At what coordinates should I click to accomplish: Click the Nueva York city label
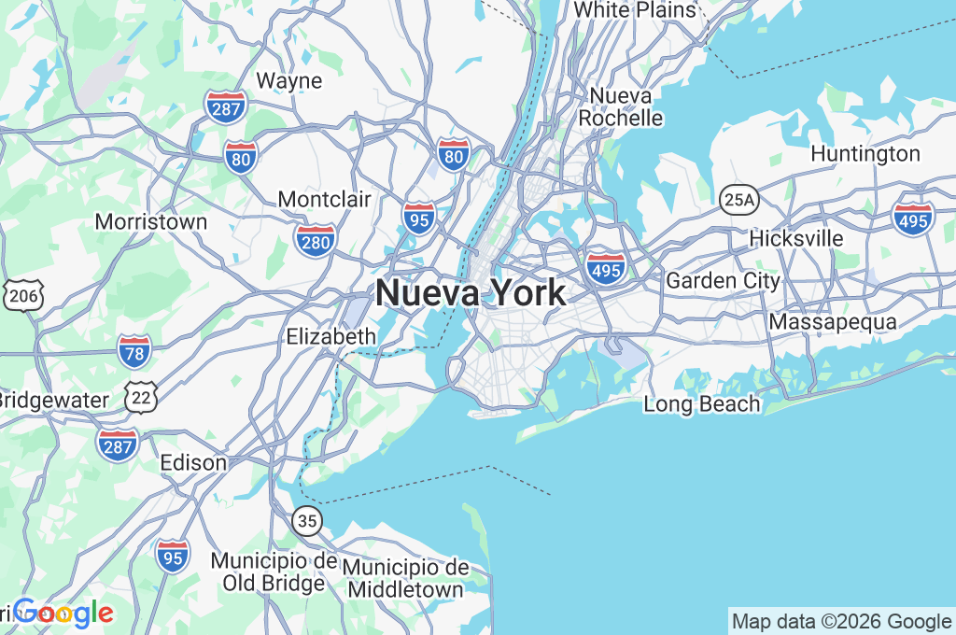coord(470,293)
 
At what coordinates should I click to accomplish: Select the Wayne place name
coord(288,81)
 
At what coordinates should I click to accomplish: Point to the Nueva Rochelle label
coord(621,107)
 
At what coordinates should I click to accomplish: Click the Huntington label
coord(865,153)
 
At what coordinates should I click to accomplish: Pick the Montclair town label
coord(324,199)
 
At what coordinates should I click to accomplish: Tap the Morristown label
coord(151,222)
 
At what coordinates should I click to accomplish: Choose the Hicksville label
coord(795,238)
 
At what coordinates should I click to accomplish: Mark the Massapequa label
coord(833,322)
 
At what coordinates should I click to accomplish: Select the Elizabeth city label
coord(331,336)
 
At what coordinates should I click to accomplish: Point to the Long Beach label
coord(702,404)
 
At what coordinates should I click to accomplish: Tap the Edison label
coord(193,462)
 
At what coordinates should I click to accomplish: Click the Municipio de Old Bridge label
coord(274,572)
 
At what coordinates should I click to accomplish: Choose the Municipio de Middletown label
coord(405,579)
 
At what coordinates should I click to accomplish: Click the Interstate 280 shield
coord(316,240)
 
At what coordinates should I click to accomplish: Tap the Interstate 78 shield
coord(134,350)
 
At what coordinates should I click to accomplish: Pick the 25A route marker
coord(738,199)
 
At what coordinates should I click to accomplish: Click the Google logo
coord(63,613)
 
